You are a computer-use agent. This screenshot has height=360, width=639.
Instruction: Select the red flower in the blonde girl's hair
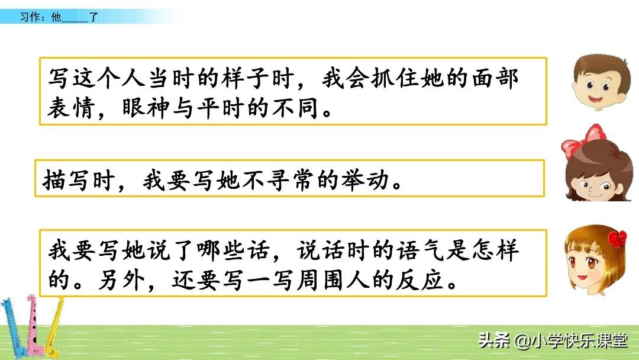click(618, 239)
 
